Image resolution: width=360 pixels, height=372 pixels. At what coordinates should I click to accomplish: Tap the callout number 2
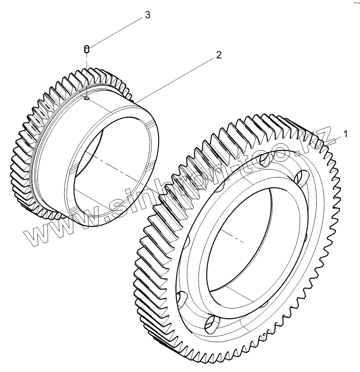pos(218,55)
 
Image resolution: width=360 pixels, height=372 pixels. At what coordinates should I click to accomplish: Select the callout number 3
pos(147,15)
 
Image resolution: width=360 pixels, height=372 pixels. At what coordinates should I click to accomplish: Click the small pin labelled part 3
pos(86,49)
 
